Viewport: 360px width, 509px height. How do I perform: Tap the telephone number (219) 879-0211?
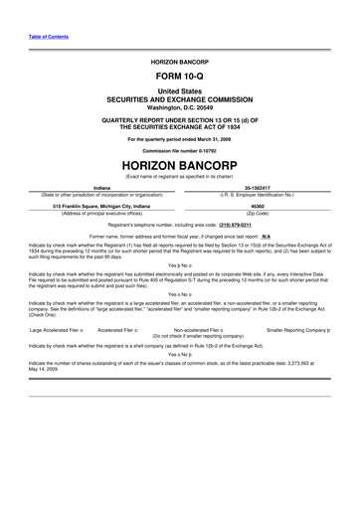[x=244, y=225]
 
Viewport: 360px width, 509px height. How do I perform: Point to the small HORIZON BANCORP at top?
[x=179, y=61]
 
